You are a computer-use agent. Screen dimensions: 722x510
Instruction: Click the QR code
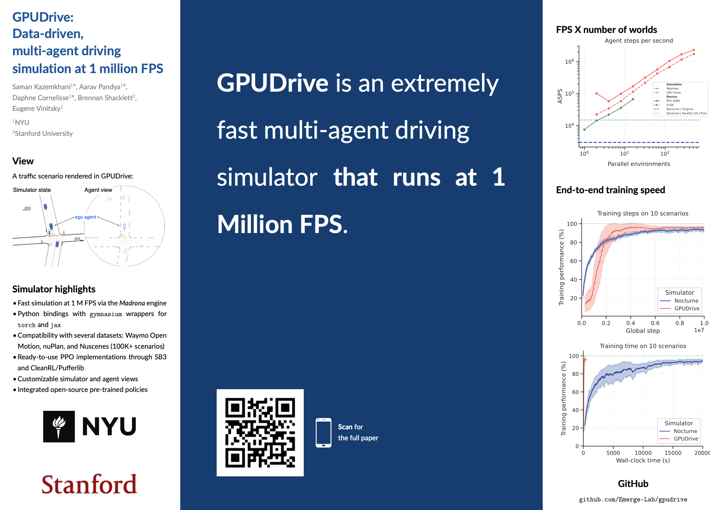coord(260,432)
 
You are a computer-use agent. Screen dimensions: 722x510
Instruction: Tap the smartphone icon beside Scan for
coord(323,432)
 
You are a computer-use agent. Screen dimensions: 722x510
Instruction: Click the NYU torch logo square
coord(59,426)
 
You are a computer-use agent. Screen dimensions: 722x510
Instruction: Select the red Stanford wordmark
coord(89,484)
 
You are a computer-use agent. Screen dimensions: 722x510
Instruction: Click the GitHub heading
coord(633,484)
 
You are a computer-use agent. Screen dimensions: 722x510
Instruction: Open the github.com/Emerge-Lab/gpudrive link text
coord(633,499)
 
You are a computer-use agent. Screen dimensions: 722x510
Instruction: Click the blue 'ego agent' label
coord(85,217)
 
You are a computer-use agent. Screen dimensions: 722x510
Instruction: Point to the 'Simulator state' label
coord(32,190)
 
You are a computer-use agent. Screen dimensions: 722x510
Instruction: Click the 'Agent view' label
coord(98,190)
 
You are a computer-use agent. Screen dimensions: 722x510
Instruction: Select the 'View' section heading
coord(23,161)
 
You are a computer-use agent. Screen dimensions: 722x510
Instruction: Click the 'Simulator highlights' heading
coord(54,289)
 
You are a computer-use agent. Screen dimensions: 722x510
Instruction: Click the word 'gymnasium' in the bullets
coord(106,314)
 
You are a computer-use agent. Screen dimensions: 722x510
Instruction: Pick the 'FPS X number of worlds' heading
coord(606,30)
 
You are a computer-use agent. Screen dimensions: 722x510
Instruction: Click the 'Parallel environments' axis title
coord(639,164)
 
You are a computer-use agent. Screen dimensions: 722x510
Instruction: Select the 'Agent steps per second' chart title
coord(639,40)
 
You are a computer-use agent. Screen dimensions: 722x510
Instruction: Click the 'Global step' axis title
coord(643,331)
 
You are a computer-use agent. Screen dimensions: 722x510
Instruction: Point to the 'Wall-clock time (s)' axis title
coord(643,460)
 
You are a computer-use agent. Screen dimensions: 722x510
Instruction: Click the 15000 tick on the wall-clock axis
coord(673,453)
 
